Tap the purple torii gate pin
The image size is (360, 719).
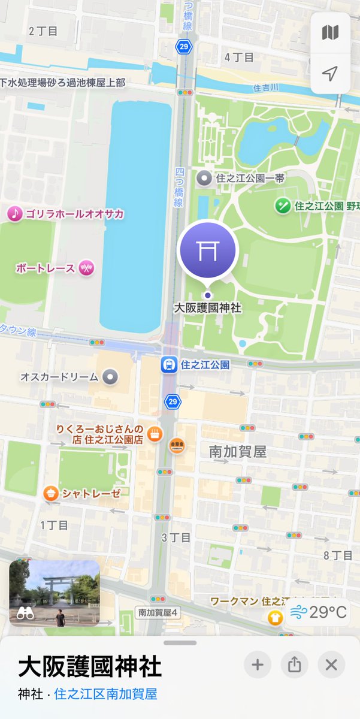(x=208, y=252)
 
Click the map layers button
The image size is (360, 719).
(x=330, y=32)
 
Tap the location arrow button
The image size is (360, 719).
(x=330, y=73)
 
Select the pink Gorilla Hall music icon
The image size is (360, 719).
(x=14, y=213)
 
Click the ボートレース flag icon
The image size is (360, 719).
(x=87, y=268)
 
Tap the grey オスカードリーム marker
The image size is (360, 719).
(x=109, y=377)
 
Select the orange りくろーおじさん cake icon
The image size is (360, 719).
(x=155, y=433)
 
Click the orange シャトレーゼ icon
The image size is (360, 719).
(x=51, y=493)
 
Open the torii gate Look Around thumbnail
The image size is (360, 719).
(x=55, y=593)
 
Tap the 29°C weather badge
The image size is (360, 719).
(x=317, y=612)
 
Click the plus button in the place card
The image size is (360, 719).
(x=257, y=664)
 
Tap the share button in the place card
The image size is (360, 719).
(x=294, y=664)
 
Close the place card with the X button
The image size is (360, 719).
(x=331, y=664)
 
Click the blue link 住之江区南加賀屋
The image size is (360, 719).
(x=105, y=694)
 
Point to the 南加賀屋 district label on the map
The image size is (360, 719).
(x=237, y=452)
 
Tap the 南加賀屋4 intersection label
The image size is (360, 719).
(x=158, y=612)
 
